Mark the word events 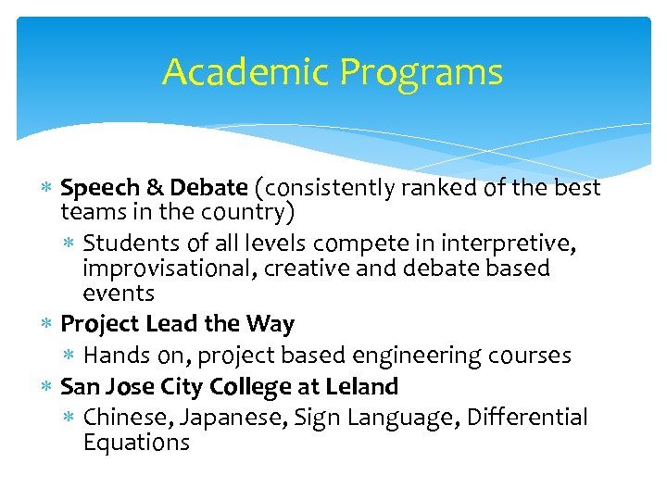click(119, 294)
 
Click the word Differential click(527, 418)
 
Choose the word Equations click(136, 443)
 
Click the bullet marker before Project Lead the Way click(47, 325)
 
